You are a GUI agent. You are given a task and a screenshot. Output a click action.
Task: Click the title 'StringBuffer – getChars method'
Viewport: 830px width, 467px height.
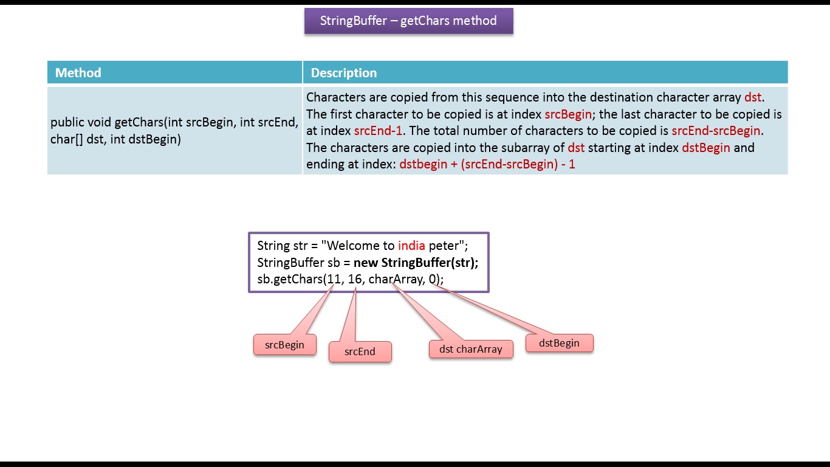(x=408, y=21)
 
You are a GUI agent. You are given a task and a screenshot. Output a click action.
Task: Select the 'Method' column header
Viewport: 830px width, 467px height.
(x=78, y=73)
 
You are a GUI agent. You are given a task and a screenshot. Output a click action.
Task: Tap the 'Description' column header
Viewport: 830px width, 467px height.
(x=343, y=73)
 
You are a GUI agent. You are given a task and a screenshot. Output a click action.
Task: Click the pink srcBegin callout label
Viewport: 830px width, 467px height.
(x=284, y=345)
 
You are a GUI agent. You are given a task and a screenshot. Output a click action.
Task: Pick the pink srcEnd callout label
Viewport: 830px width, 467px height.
(x=360, y=351)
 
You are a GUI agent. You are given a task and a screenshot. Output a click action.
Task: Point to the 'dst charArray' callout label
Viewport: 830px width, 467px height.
(x=471, y=349)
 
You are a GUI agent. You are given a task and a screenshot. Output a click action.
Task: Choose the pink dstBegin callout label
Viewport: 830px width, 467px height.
(x=559, y=343)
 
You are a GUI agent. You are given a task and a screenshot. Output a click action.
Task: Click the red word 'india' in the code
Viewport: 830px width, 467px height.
(x=411, y=246)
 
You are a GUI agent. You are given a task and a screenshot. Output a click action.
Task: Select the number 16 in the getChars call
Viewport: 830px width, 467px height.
(x=355, y=279)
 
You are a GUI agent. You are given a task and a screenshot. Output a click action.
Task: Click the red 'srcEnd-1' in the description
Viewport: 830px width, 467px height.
(x=377, y=131)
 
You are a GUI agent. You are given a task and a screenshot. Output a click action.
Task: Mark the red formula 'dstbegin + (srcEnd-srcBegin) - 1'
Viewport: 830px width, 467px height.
(x=487, y=164)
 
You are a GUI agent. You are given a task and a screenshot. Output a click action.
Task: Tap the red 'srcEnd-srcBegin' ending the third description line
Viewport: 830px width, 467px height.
(x=716, y=131)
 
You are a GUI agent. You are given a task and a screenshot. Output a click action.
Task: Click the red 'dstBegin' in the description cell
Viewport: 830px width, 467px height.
(x=706, y=148)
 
